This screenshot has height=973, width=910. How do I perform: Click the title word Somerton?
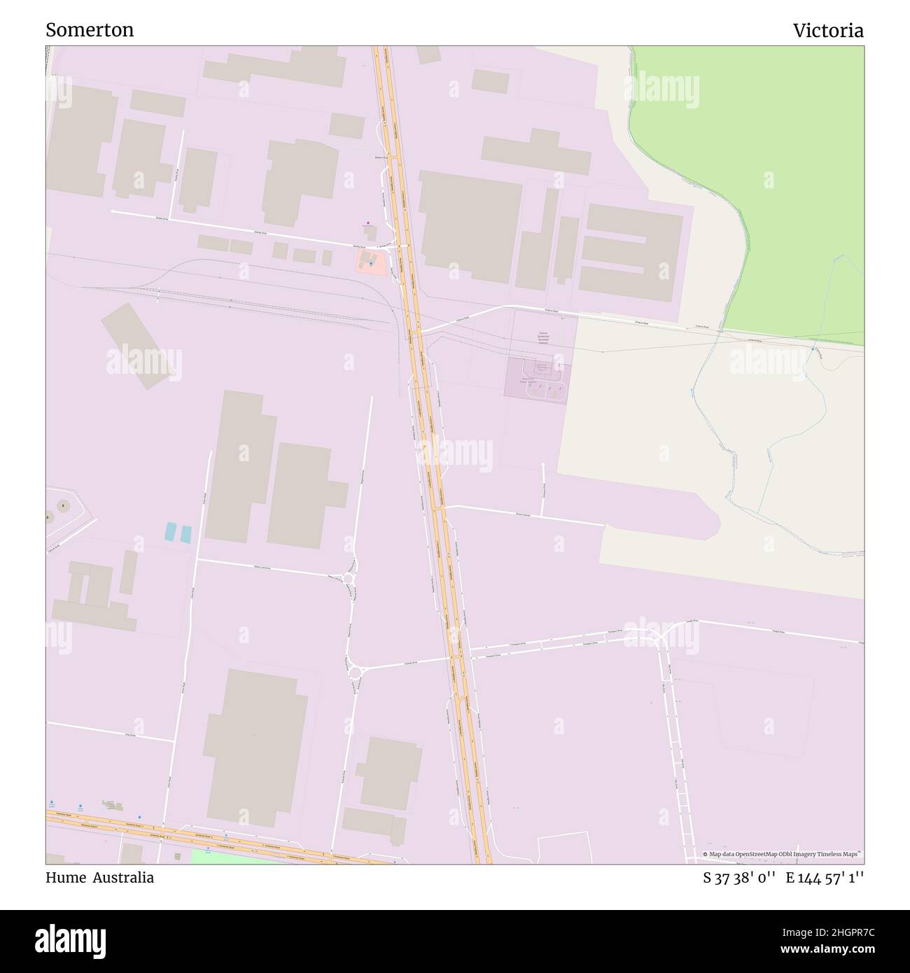point(90,30)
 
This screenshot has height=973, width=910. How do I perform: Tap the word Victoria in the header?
point(828,30)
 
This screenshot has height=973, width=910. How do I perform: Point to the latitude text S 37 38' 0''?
point(740,878)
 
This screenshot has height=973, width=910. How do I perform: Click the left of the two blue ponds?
point(171,532)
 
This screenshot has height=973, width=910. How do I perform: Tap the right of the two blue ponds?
point(185,533)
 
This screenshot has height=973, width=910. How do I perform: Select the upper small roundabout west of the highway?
point(348,578)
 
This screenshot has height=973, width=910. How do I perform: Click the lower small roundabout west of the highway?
point(356,673)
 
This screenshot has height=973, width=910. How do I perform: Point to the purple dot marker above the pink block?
point(368,223)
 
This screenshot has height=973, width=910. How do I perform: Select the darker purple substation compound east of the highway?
point(538,379)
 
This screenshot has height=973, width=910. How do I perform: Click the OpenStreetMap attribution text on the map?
point(783,855)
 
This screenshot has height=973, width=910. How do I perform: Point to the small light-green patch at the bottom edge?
point(231,856)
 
